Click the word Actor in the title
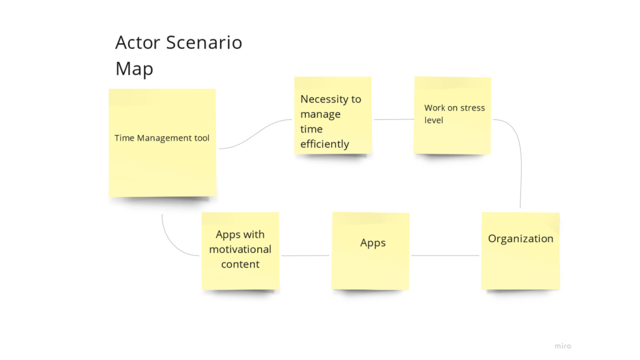(x=137, y=42)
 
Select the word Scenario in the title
(x=204, y=42)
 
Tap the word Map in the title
(x=134, y=69)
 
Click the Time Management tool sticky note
(x=162, y=143)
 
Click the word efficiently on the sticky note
(x=324, y=144)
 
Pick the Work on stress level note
(x=452, y=116)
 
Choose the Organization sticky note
(x=521, y=251)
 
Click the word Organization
(x=521, y=239)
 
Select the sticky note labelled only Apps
(x=371, y=251)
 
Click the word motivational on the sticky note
(x=241, y=249)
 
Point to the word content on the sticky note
(x=241, y=264)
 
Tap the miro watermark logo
(x=563, y=346)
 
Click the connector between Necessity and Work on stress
(x=394, y=119)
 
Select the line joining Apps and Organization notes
(x=445, y=256)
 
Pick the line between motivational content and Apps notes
(x=305, y=256)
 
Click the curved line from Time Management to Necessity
(x=256, y=134)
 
